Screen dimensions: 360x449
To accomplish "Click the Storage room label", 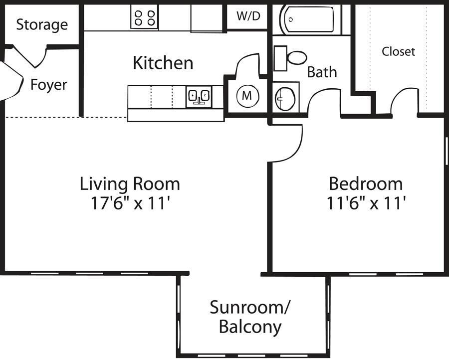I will coord(41,24).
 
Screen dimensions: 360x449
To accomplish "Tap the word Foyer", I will coord(48,85).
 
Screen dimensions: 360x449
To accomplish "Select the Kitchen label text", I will coord(163,63).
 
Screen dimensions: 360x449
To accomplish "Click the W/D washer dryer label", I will coord(248,16).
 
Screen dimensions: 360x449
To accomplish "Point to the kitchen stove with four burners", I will coord(145,17).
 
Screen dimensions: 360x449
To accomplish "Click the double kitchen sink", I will coord(199,96).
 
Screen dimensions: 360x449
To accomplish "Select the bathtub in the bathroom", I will coord(310,20).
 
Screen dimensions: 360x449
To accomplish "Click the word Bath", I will coord(322,72).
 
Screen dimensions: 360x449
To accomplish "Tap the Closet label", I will coord(398,51).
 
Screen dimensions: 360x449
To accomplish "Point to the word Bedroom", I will coord(366,183).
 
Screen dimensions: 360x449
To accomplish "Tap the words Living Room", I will coord(130,183).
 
